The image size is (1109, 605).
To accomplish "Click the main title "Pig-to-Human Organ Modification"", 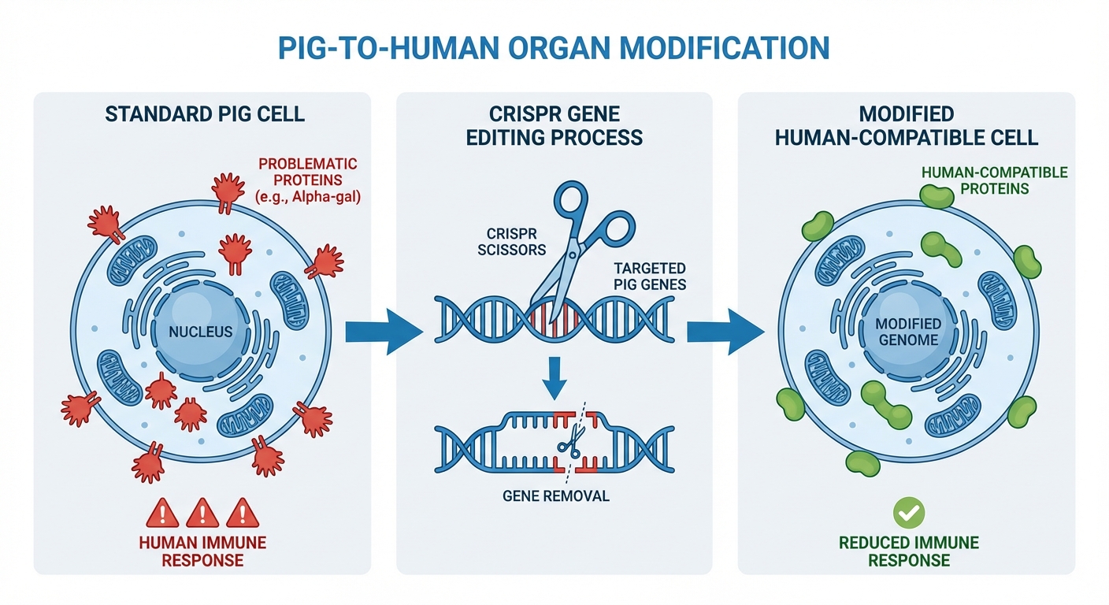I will (554, 47).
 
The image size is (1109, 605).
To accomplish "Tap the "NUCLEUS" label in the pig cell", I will (201, 332).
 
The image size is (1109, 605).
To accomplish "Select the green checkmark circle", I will (908, 514).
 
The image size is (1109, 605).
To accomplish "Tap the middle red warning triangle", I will (203, 514).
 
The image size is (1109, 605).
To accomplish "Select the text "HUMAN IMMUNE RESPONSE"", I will (202, 551).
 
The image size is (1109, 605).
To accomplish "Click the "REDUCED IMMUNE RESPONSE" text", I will (908, 551).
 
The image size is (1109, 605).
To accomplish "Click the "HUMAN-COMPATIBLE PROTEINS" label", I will (995, 180).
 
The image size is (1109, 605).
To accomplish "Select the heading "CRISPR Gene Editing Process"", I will (554, 126).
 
